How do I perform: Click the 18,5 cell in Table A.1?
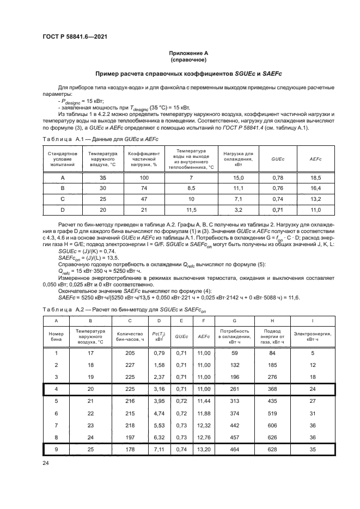click(315, 177)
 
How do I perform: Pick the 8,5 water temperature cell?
click(191, 188)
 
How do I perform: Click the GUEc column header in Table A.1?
click(278, 158)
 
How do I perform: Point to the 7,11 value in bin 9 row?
click(161, 449)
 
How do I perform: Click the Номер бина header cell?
click(56, 335)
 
